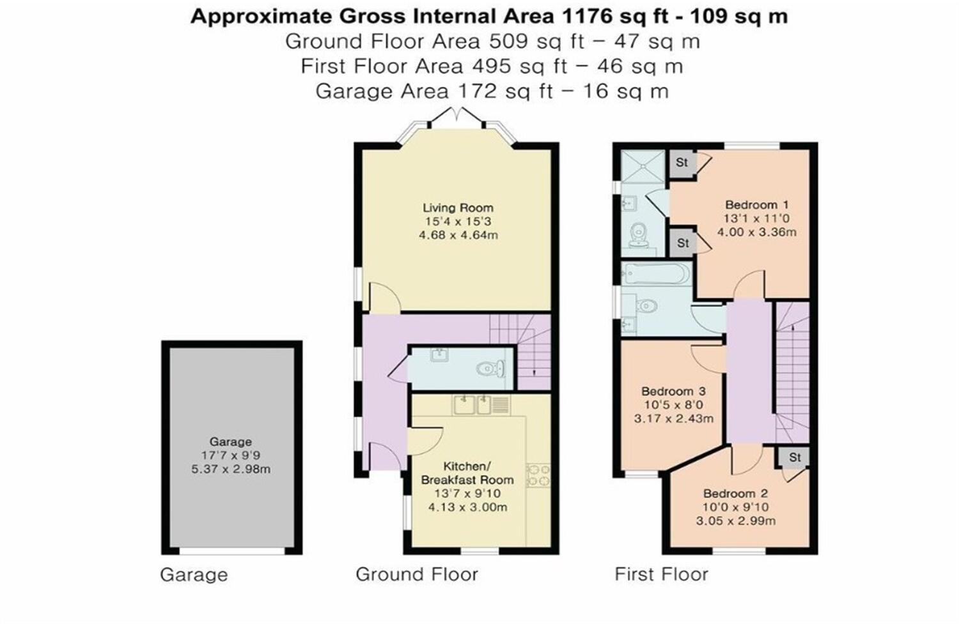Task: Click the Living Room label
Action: click(458, 208)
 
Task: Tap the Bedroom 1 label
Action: click(756, 205)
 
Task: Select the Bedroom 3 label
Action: click(673, 391)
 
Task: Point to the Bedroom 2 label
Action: click(735, 493)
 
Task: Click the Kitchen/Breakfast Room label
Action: click(467, 473)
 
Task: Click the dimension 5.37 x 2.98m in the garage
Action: click(230, 469)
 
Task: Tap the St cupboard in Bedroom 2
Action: click(795, 457)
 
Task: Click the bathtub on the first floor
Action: click(656, 274)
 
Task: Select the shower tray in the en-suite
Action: click(643, 165)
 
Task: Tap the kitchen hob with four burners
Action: click(538, 475)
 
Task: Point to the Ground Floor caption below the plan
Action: click(416, 574)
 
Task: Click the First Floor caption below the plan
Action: click(661, 574)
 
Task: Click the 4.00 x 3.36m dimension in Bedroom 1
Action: click(756, 232)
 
